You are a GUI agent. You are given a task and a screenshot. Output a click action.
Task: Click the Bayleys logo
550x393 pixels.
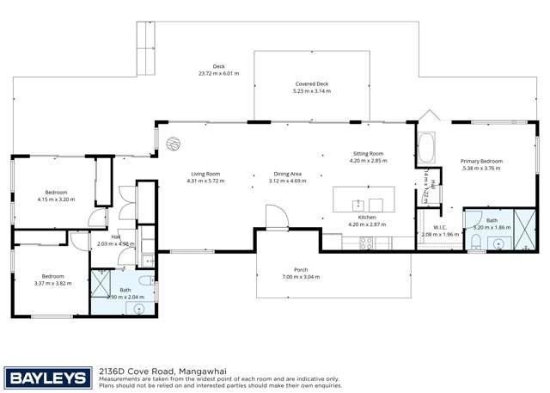(48, 377)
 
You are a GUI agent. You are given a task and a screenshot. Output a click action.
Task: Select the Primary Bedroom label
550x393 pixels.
(480, 162)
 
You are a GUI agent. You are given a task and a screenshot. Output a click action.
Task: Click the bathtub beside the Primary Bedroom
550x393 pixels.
(426, 147)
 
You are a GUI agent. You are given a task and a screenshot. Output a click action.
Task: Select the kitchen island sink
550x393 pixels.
(357, 205)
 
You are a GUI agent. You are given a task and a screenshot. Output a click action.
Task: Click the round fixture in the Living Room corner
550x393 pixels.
(172, 143)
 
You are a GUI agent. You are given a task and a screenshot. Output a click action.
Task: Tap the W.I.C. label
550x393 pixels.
(439, 228)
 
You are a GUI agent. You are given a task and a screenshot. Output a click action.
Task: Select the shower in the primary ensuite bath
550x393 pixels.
(525, 230)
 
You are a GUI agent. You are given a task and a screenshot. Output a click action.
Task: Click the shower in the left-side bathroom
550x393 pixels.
(102, 280)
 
